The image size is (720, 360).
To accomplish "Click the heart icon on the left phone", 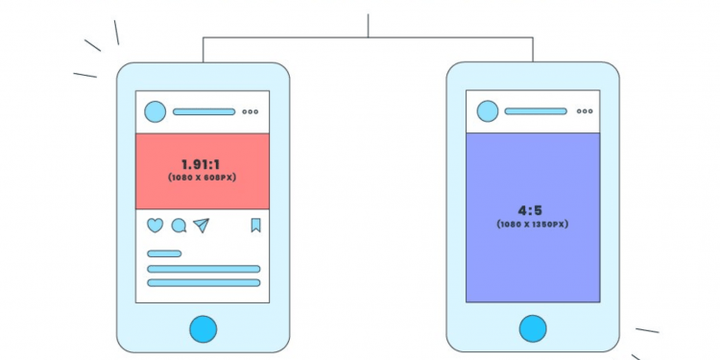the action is point(155,226).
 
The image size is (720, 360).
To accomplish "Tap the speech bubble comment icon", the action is point(179,227).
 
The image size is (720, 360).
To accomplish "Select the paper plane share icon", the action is point(201,226).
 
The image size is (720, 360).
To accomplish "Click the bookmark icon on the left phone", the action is point(255,226).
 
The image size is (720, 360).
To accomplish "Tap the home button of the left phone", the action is point(203,329).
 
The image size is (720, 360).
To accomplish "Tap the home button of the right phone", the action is point(533,328).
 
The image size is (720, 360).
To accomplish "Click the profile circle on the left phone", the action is point(156,112).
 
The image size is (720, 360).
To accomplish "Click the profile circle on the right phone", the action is point(487,111).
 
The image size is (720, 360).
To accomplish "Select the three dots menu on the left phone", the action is point(251,112).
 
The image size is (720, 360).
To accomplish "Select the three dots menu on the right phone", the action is point(582,111).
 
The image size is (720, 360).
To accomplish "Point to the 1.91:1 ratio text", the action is point(201,164).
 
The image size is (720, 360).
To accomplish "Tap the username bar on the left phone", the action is point(203,112).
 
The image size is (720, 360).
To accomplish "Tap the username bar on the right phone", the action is point(535,111).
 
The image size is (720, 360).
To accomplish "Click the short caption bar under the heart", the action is point(164,253).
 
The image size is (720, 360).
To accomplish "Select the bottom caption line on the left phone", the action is point(204,283).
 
